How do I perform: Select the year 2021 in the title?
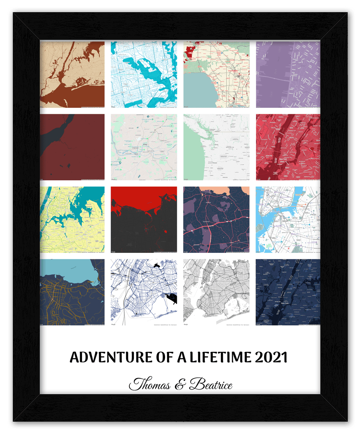click(x=270, y=357)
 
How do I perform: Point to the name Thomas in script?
click(x=150, y=385)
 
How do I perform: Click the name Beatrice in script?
click(x=211, y=385)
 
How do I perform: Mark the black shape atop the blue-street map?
click(x=157, y=265)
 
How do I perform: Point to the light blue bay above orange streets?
click(x=63, y=271)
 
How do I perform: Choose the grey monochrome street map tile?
click(x=216, y=292)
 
